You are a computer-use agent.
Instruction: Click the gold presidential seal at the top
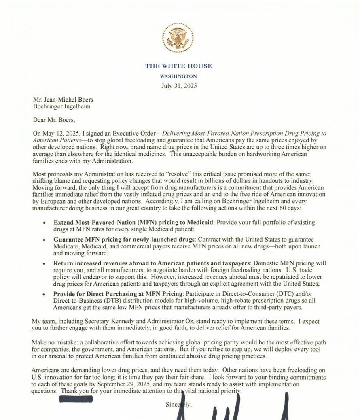pyautogui.click(x=178, y=37)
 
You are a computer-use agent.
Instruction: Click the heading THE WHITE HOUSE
pyautogui.click(x=178, y=66)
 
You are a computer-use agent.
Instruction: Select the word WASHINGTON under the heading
pyautogui.click(x=178, y=76)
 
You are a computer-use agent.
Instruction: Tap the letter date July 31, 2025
pyautogui.click(x=178, y=86)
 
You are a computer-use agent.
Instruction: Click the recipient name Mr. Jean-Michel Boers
pyautogui.click(x=64, y=100)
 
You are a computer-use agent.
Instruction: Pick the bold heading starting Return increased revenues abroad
pyautogui.click(x=152, y=263)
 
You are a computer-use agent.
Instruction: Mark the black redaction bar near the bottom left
pyautogui.click(x=76, y=399)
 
